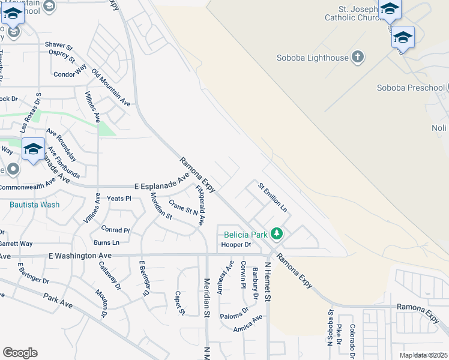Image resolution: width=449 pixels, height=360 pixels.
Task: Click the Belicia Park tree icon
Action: tap(276, 233)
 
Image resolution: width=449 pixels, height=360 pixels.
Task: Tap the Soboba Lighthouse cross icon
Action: tap(358, 58)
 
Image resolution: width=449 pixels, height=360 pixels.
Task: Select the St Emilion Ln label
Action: tap(273, 196)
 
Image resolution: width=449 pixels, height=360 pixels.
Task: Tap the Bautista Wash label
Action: tap(34, 204)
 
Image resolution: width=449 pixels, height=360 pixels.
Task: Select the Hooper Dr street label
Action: tap(236, 245)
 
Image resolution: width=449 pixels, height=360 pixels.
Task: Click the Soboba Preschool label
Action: tap(411, 88)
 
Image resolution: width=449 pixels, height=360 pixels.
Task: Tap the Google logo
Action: tap(20, 353)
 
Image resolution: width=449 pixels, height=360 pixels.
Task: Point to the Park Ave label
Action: tap(58, 301)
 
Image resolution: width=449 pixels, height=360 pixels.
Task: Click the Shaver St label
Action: tap(59, 46)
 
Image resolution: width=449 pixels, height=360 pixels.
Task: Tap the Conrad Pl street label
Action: tap(115, 229)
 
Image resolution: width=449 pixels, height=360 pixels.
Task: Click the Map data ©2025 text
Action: tap(423, 355)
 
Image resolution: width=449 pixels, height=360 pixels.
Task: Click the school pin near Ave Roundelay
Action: tap(33, 149)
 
